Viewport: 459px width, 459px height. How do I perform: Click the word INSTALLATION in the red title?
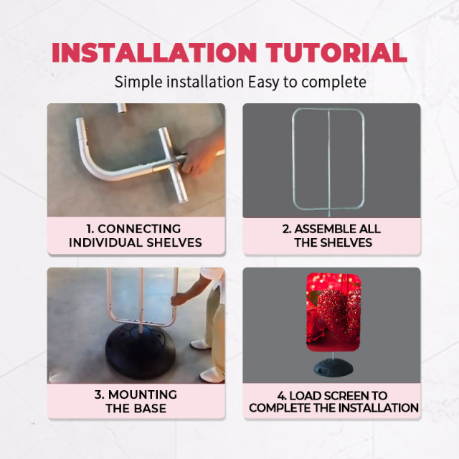pyautogui.click(x=154, y=52)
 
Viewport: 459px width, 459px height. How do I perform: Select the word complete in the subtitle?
pyautogui.click(x=333, y=82)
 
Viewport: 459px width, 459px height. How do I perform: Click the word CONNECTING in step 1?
pyautogui.click(x=139, y=229)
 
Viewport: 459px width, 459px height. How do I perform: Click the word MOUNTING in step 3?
pyautogui.click(x=143, y=394)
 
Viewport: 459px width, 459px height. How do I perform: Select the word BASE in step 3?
pyautogui.click(x=151, y=408)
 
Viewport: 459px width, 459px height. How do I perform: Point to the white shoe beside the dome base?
pyautogui.click(x=200, y=344)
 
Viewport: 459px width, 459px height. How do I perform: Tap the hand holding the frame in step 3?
pyautogui.click(x=177, y=299)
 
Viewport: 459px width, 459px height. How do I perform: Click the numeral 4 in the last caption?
pyautogui.click(x=281, y=396)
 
